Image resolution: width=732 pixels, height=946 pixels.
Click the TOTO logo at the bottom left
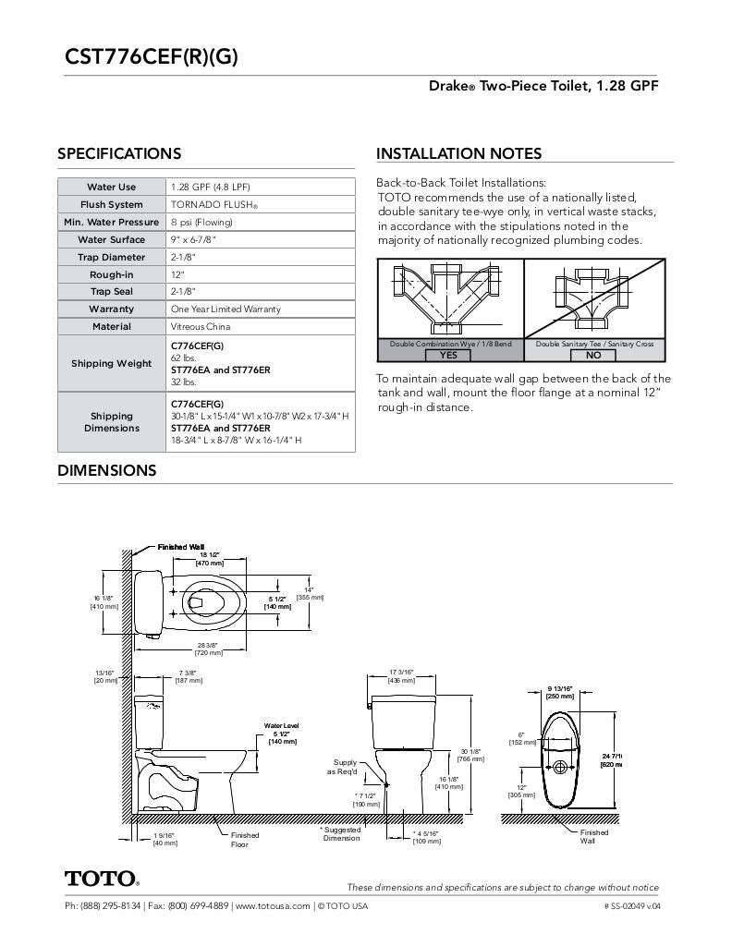coord(102,878)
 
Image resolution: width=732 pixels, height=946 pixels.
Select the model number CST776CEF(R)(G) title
coord(151,57)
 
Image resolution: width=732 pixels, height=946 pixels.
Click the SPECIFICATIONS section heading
coord(119,153)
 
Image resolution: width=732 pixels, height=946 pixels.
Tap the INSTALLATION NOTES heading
coord(458,153)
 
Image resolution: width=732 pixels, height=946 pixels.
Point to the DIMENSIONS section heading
coord(106,470)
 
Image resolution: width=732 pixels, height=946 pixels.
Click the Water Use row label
coord(111,188)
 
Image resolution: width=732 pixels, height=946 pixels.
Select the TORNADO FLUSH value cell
coord(213,205)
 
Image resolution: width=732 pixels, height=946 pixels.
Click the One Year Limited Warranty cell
coord(226,309)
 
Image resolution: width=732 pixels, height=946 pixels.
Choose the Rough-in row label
coord(111,275)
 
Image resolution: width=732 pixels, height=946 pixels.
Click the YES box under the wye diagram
coord(448,355)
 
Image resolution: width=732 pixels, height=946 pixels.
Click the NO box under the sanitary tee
coord(593,355)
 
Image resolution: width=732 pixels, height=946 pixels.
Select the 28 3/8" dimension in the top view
coord(208,649)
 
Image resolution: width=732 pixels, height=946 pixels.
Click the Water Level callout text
coord(281,726)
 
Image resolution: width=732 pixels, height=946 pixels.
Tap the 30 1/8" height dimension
coord(470,755)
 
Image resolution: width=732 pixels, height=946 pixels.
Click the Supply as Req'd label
coord(345,767)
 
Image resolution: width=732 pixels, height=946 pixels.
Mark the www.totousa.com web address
coord(272,906)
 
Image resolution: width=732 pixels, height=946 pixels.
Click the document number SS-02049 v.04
coord(633,906)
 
